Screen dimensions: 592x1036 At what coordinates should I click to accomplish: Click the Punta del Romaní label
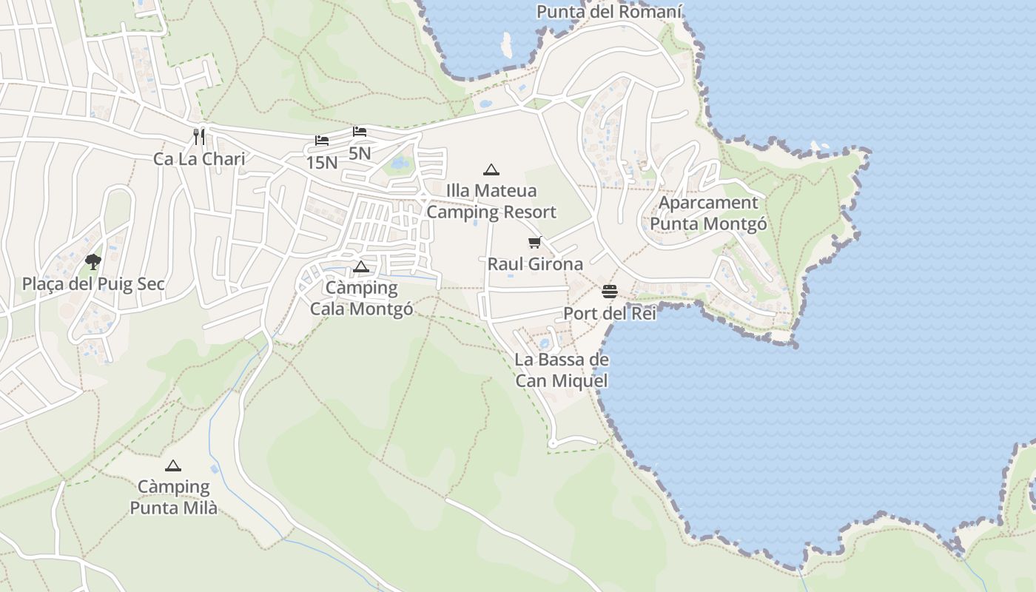click(x=609, y=12)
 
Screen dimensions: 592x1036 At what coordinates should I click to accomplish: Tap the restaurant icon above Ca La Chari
click(x=198, y=136)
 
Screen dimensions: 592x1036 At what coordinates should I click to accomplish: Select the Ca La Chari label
click(x=199, y=159)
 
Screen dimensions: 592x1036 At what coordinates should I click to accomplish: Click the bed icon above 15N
click(x=321, y=140)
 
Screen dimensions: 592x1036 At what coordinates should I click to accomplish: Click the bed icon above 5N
click(x=360, y=132)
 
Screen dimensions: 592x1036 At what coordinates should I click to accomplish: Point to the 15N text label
click(x=321, y=162)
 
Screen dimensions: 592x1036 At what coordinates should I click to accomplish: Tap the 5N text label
click(x=360, y=153)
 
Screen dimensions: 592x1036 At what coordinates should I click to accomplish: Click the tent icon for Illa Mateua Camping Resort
click(x=491, y=169)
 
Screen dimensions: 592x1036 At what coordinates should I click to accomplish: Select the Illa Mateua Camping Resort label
click(x=491, y=201)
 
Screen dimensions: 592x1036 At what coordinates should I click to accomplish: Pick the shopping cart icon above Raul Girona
click(x=535, y=242)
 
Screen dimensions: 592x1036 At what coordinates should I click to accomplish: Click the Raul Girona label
click(x=535, y=264)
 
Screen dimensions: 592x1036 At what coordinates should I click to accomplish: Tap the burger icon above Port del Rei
click(x=610, y=292)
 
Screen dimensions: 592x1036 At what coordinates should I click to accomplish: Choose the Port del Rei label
click(x=610, y=314)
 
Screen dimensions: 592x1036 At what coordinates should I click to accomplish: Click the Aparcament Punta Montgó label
click(x=708, y=213)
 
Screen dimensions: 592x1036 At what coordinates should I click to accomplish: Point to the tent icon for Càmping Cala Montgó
click(x=361, y=266)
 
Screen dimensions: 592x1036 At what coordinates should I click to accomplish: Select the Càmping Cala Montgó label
click(x=361, y=298)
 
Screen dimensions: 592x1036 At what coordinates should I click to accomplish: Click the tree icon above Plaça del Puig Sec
click(x=93, y=261)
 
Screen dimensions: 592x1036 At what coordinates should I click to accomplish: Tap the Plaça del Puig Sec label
click(x=93, y=284)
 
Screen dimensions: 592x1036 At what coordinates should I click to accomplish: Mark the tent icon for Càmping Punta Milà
click(x=173, y=465)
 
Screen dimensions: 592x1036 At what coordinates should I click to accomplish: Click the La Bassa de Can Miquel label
click(x=562, y=370)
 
